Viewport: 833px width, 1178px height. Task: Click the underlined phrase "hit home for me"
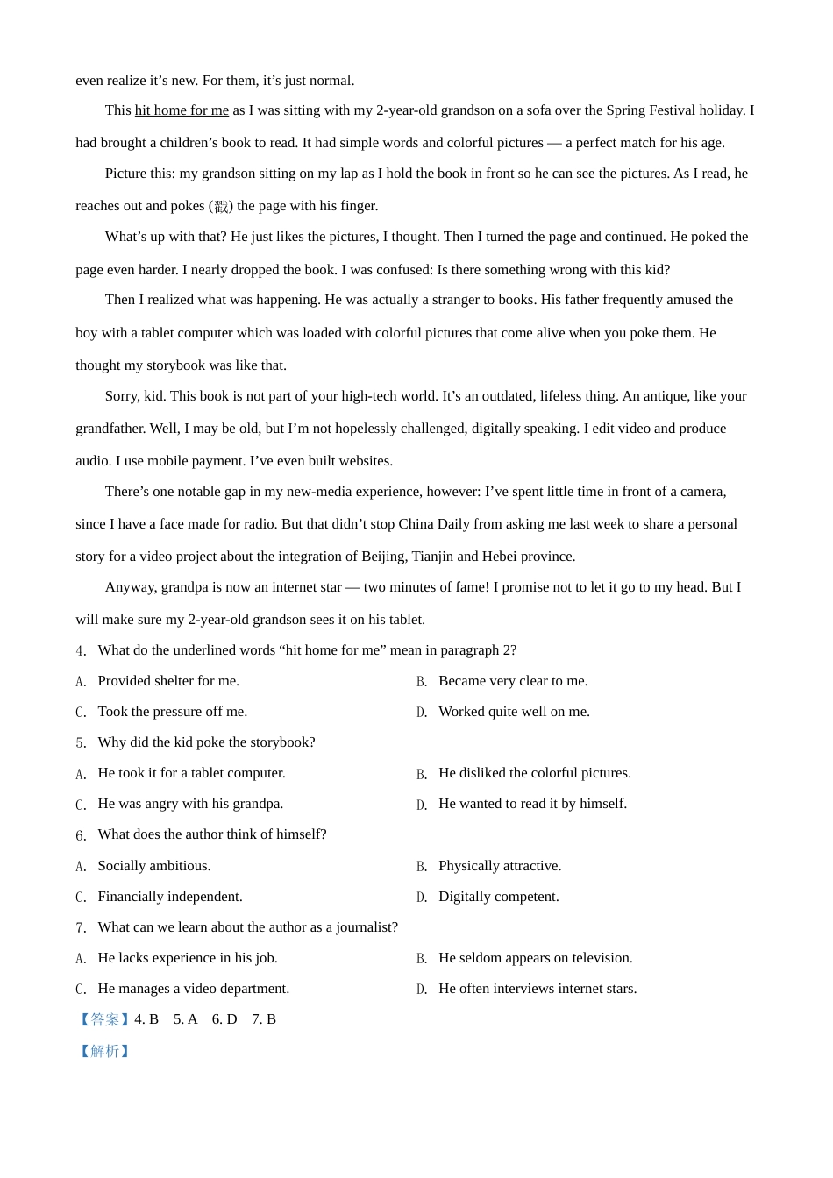(x=182, y=110)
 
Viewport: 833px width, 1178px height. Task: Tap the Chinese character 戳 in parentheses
(x=221, y=207)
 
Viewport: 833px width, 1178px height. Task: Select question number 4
(x=81, y=651)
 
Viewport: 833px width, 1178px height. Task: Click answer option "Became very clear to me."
(x=513, y=681)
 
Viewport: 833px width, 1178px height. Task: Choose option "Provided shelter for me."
(x=168, y=681)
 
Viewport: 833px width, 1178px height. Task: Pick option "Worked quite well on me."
(x=514, y=712)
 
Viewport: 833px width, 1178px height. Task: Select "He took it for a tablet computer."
(x=191, y=773)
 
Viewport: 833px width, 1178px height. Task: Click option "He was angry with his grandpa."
(x=190, y=804)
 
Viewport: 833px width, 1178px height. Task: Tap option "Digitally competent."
(x=498, y=897)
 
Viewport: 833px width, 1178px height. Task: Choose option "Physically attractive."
(x=500, y=866)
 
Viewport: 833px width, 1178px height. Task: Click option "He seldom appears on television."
(x=535, y=958)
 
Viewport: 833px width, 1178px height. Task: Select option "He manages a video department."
(x=193, y=989)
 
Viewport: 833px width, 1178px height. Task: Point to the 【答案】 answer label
(x=104, y=1019)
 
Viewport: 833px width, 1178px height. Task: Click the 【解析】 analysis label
(x=104, y=1051)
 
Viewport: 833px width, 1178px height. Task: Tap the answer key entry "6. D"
(x=224, y=1019)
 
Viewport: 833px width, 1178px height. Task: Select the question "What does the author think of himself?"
(x=211, y=834)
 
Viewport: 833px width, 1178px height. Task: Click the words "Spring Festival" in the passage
(x=650, y=110)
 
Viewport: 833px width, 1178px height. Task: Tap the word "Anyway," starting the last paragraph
(x=131, y=587)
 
